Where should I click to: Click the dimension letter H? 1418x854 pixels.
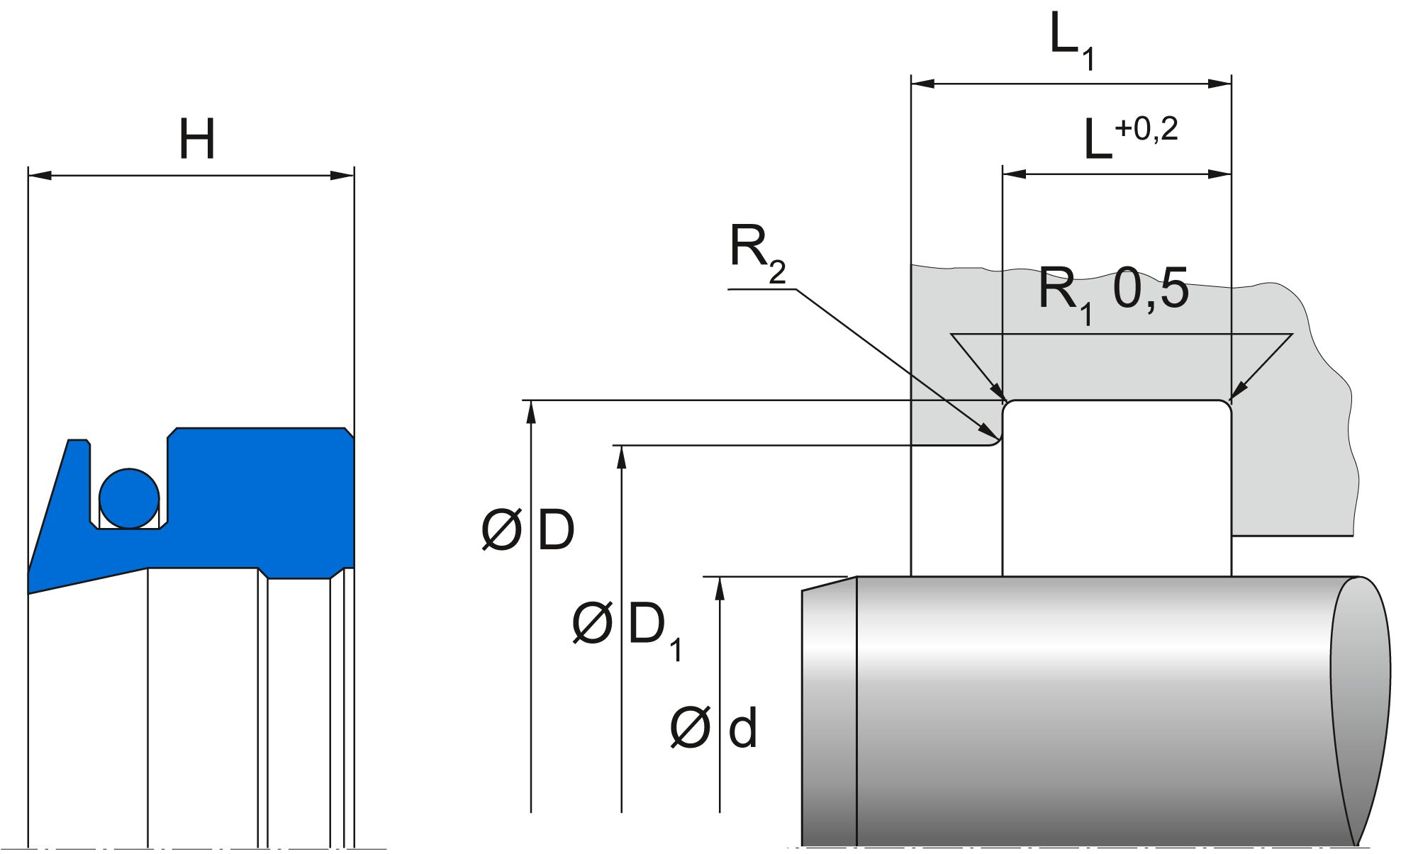coord(196,140)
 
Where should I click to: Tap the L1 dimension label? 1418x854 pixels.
coord(1071,41)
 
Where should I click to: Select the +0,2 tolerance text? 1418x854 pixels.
coord(1146,129)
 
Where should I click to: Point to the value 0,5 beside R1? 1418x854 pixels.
coord(1150,289)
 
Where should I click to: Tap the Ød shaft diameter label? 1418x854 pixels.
coord(713,729)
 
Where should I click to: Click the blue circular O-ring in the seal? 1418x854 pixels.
coord(129,498)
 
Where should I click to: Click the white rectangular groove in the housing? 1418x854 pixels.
coord(1117,489)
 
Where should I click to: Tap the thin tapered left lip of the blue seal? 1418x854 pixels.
coord(53,524)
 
